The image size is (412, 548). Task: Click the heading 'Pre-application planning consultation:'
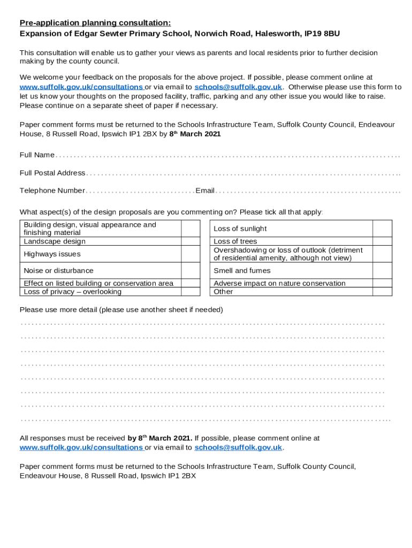click(95, 22)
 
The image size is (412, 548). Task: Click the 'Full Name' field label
click(37, 155)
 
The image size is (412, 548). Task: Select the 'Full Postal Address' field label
click(52, 173)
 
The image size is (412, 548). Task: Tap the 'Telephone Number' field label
click(52, 191)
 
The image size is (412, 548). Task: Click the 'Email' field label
click(205, 191)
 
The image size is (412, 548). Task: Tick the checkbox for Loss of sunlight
click(382, 229)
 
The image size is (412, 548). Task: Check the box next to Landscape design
click(190, 241)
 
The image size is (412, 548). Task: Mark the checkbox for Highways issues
click(190, 254)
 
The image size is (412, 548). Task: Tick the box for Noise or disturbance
click(190, 271)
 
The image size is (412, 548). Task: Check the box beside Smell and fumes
click(382, 271)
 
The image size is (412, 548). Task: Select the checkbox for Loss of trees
click(382, 241)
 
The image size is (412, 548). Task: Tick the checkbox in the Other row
click(382, 292)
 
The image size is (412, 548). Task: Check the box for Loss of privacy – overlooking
click(190, 292)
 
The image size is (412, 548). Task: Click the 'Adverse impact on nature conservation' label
click(279, 283)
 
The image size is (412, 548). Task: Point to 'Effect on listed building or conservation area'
click(98, 283)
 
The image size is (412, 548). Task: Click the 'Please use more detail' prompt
click(121, 310)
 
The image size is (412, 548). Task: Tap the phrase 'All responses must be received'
click(73, 438)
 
